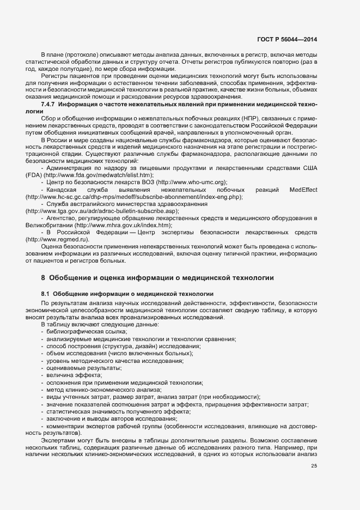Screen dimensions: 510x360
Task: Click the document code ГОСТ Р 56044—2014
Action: click(x=288, y=40)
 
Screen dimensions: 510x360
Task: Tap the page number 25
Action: click(x=314, y=465)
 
